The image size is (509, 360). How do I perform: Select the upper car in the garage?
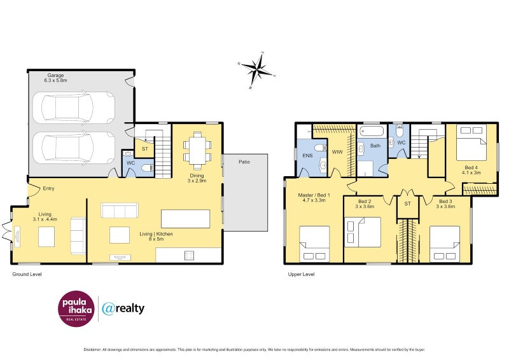(x=74, y=107)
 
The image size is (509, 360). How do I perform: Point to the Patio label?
(x=244, y=162)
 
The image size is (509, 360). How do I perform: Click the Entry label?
(x=48, y=188)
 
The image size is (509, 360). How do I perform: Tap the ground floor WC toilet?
(x=146, y=168)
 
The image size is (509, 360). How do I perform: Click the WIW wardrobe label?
(x=337, y=152)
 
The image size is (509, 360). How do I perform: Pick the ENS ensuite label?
(x=307, y=155)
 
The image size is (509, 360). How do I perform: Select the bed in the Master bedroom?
(x=314, y=244)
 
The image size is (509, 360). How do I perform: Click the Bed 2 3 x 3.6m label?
(x=365, y=204)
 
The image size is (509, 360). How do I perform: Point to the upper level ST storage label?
(x=407, y=204)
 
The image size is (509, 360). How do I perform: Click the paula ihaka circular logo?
(x=76, y=309)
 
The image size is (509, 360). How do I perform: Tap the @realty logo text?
(x=123, y=308)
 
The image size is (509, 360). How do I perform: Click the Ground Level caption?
(x=27, y=274)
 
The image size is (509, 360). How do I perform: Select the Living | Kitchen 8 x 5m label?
(x=156, y=237)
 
